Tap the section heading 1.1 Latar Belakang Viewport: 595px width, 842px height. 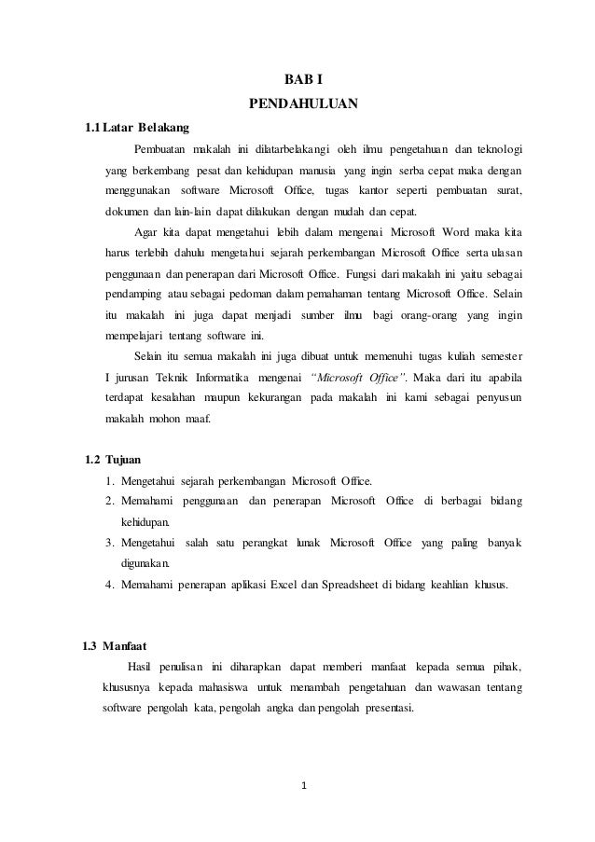pos(136,128)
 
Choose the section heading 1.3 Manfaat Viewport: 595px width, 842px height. pos(113,645)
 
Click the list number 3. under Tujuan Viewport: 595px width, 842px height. pos(110,544)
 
